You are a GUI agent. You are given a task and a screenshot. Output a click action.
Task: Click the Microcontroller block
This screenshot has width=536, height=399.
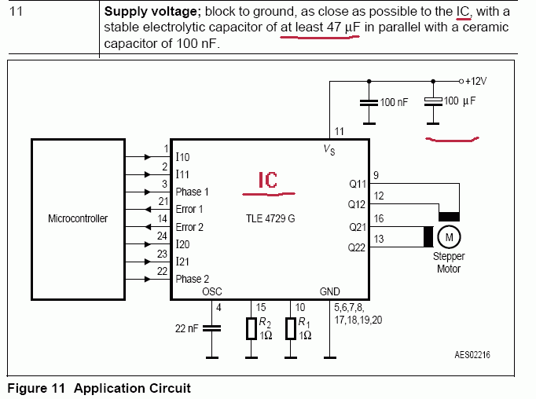78,218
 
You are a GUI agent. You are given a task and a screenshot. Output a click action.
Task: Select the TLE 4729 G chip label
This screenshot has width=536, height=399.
270,218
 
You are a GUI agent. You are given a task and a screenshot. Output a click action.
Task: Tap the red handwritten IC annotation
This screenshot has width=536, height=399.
269,181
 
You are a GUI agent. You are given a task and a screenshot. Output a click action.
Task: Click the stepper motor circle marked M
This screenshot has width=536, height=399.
450,236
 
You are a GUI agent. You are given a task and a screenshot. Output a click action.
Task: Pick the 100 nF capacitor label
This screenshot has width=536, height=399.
394,103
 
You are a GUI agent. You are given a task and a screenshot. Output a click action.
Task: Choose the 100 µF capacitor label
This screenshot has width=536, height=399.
461,101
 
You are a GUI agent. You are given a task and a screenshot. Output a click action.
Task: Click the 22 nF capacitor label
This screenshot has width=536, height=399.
187,330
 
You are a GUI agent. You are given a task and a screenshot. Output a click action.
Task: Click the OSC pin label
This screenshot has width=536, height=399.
212,291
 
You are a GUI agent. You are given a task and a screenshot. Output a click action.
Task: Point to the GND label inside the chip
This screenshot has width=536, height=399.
329,291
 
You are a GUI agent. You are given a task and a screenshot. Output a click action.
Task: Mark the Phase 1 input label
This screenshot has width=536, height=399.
192,192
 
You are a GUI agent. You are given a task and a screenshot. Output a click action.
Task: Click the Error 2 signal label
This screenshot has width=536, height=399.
189,227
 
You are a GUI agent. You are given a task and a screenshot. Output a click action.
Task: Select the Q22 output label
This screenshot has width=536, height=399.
357,247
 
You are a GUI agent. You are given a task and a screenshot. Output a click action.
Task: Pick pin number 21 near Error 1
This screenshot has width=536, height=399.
163,202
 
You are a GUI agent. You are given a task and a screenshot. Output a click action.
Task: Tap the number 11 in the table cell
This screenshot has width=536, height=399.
15,13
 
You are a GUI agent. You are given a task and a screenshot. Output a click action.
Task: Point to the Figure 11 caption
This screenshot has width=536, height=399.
98,388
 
